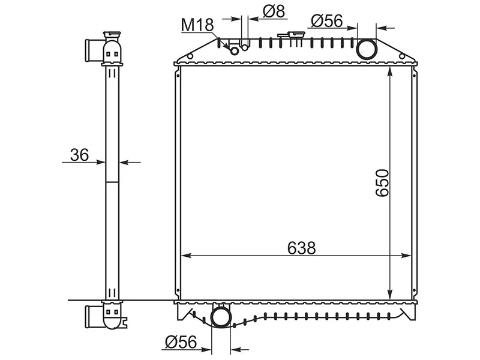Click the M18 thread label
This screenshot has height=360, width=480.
click(x=197, y=25)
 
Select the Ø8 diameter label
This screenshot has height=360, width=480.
click(x=274, y=11)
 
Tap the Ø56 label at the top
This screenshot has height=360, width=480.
click(x=326, y=21)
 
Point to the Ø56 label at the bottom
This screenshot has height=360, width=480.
click(x=181, y=342)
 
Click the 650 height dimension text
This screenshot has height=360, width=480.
click(x=382, y=183)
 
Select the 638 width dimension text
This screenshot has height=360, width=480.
click(x=301, y=248)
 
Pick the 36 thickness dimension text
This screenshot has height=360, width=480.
click(x=79, y=155)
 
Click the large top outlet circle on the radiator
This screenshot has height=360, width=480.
click(x=367, y=49)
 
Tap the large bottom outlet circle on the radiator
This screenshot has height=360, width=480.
click(x=221, y=317)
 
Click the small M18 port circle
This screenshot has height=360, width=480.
click(x=234, y=51)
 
